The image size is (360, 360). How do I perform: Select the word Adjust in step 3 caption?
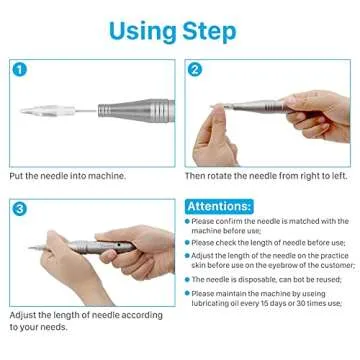(24, 313)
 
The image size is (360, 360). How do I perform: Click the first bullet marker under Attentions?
(189, 222)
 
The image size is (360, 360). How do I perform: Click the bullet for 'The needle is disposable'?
(189, 280)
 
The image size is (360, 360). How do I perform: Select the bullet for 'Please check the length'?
(189, 242)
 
